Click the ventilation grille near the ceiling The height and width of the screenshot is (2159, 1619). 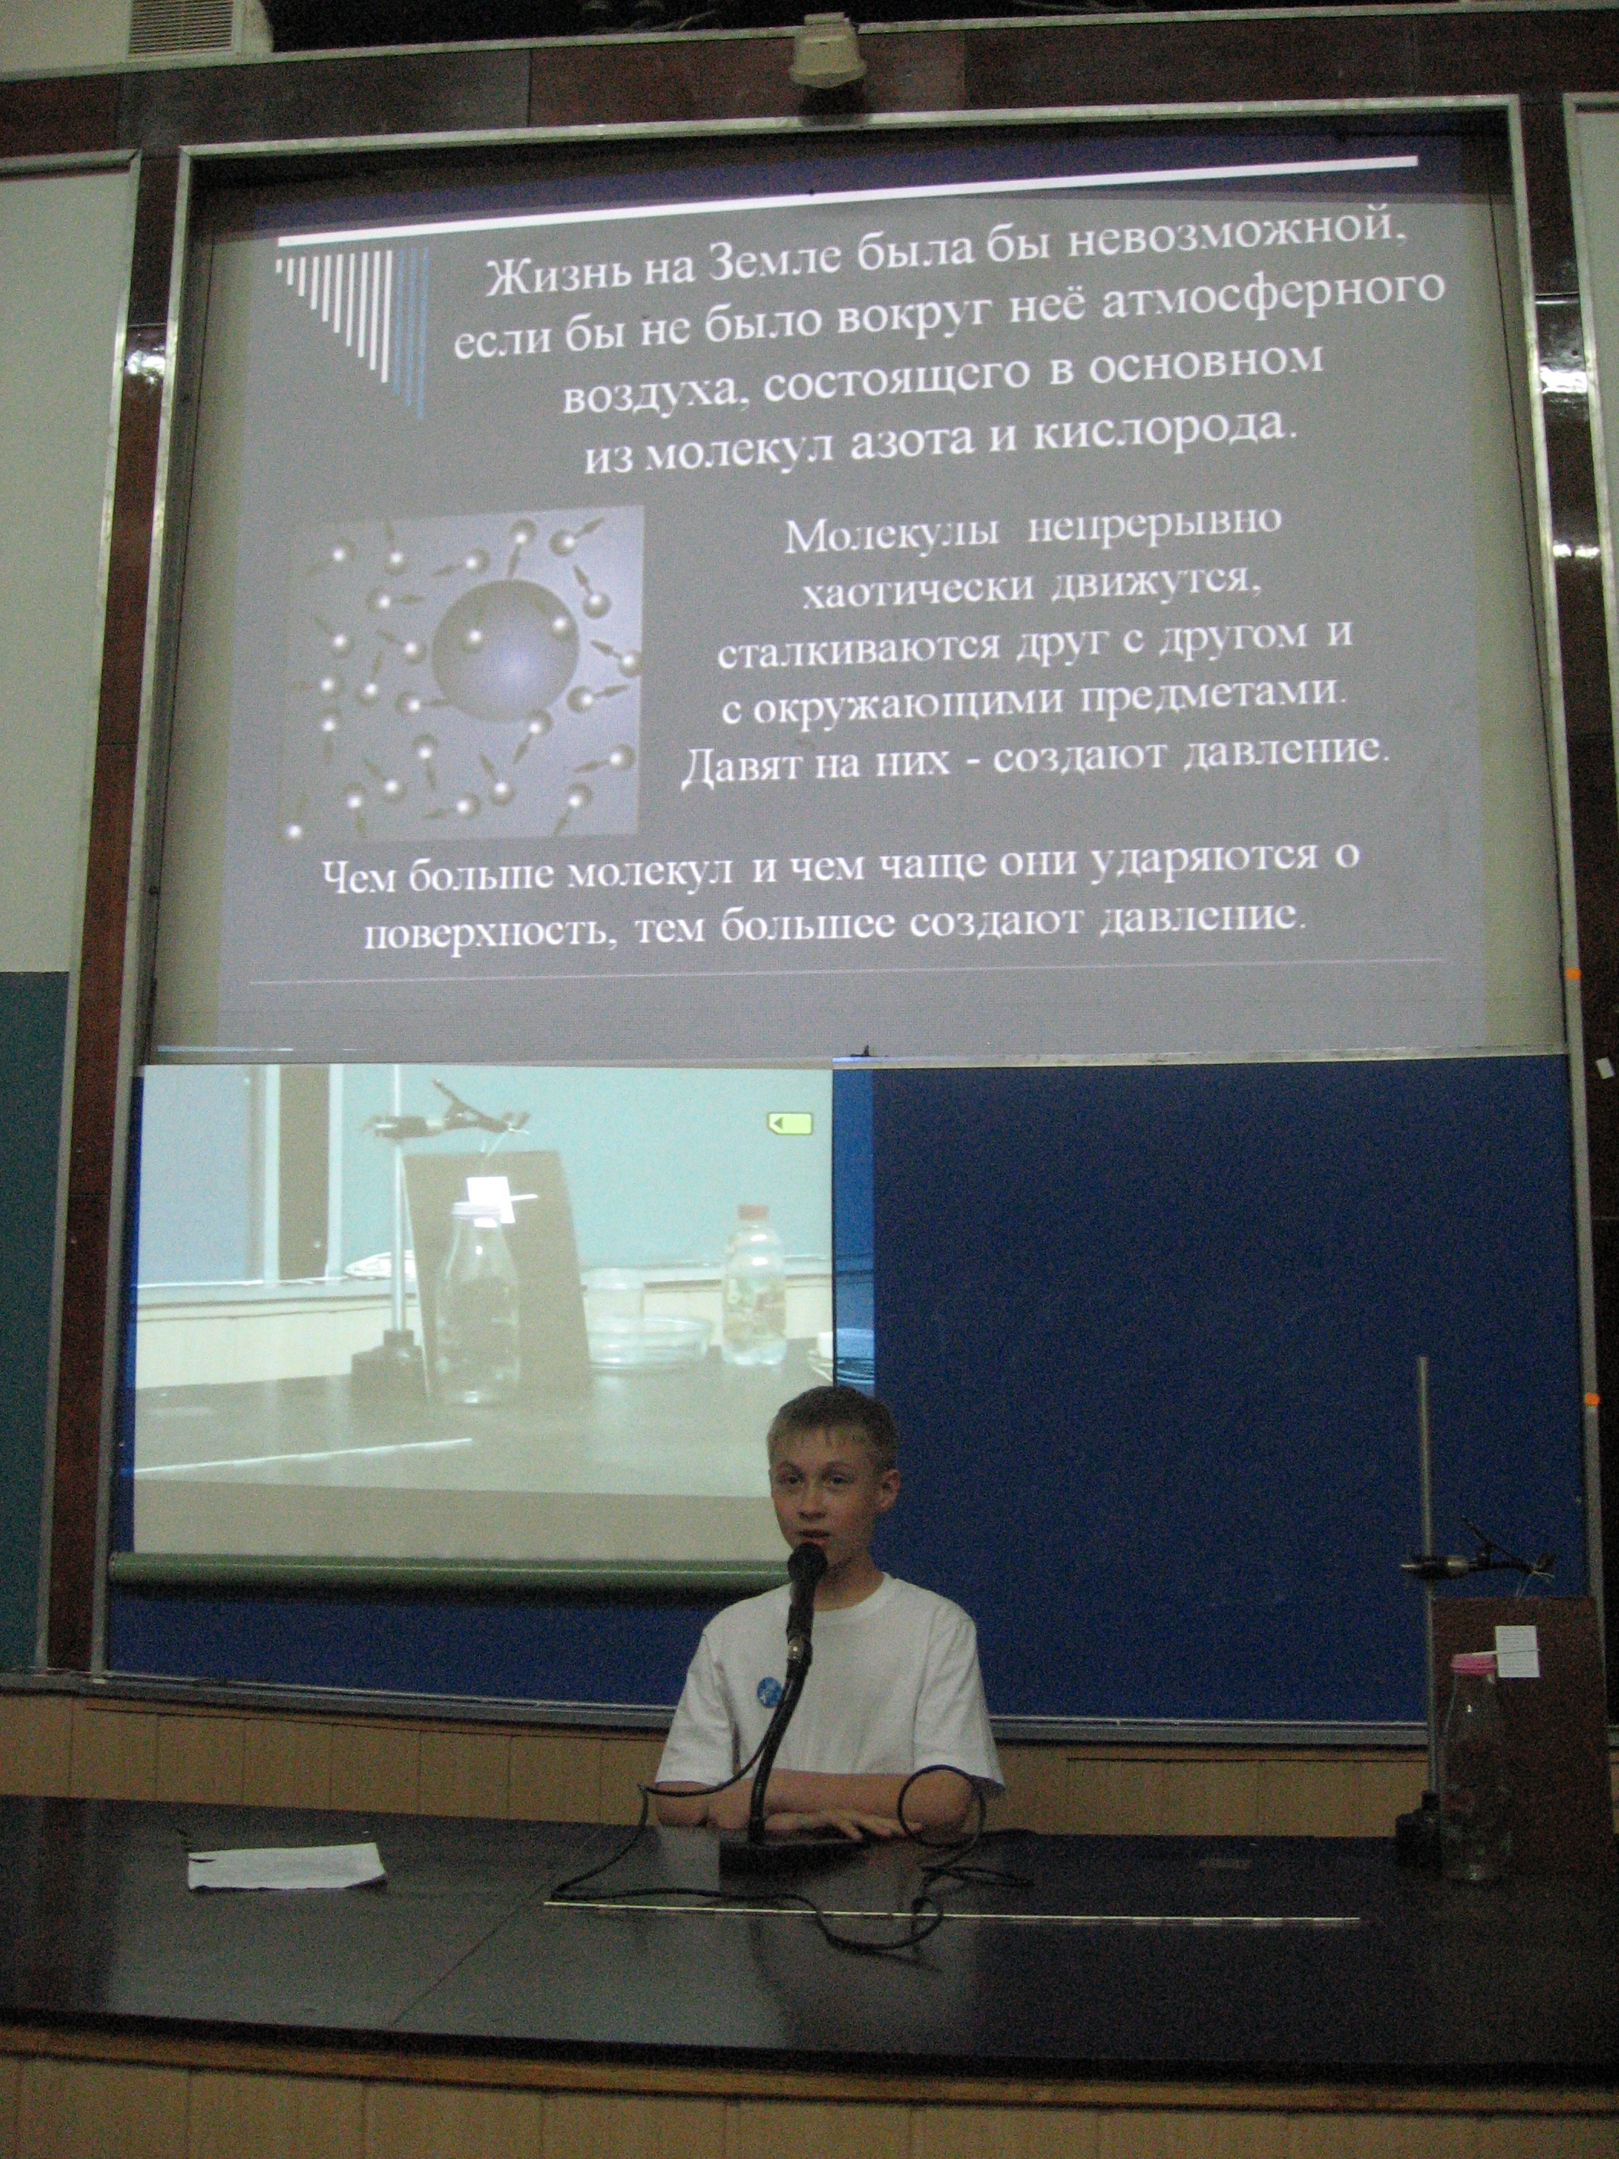tap(182, 25)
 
